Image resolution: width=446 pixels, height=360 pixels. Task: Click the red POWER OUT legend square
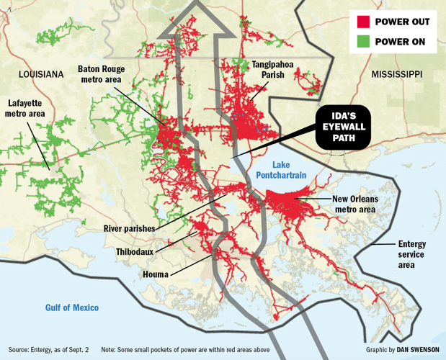[x=362, y=21]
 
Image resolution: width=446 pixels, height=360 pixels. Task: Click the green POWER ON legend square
[x=362, y=42]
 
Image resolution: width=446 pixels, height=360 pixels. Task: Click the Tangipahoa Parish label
[x=272, y=69]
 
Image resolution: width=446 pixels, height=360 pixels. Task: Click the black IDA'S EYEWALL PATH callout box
[x=343, y=128]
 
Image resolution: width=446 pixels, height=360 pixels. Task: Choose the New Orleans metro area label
[x=356, y=204]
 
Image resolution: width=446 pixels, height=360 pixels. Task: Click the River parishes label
[x=129, y=228]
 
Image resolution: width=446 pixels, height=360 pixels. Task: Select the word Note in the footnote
[x=109, y=349]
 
